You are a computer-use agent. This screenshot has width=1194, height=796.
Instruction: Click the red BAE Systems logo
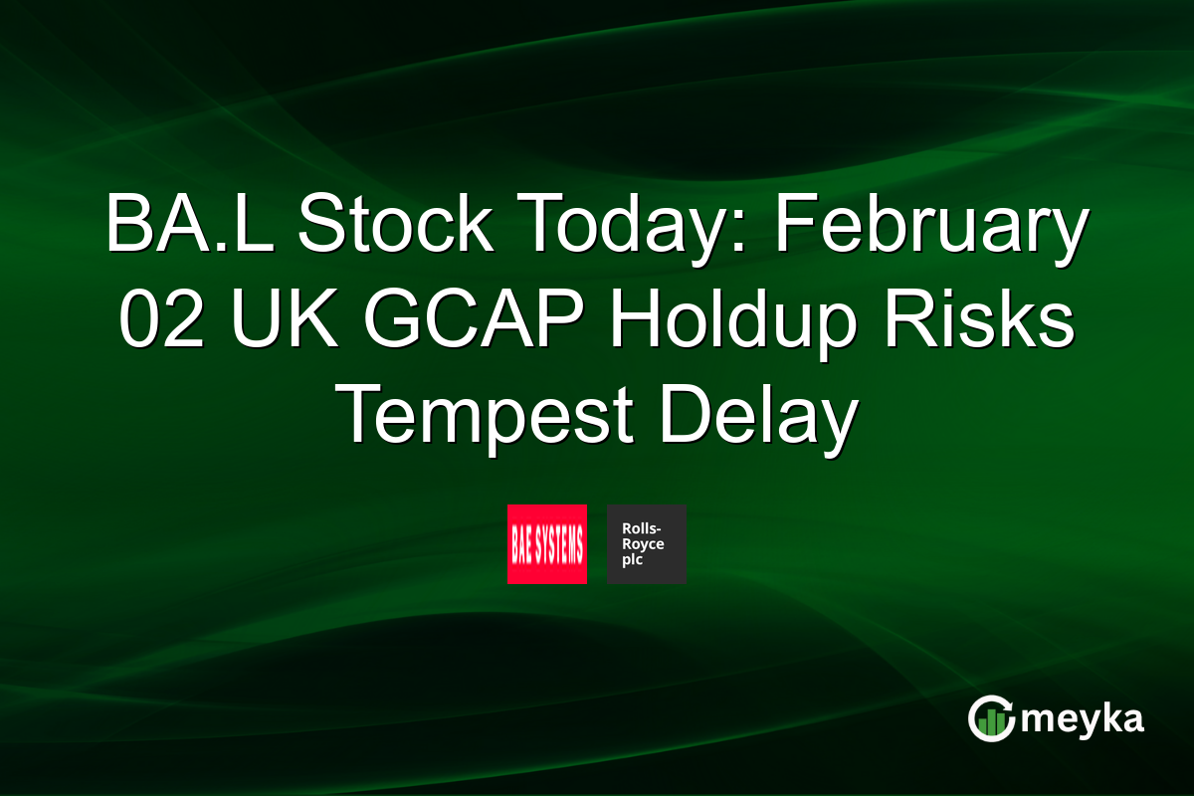(x=547, y=544)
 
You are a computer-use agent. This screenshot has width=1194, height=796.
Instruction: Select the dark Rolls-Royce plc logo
(x=647, y=544)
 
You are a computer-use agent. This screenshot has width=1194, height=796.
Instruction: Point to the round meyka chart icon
(x=991, y=718)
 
